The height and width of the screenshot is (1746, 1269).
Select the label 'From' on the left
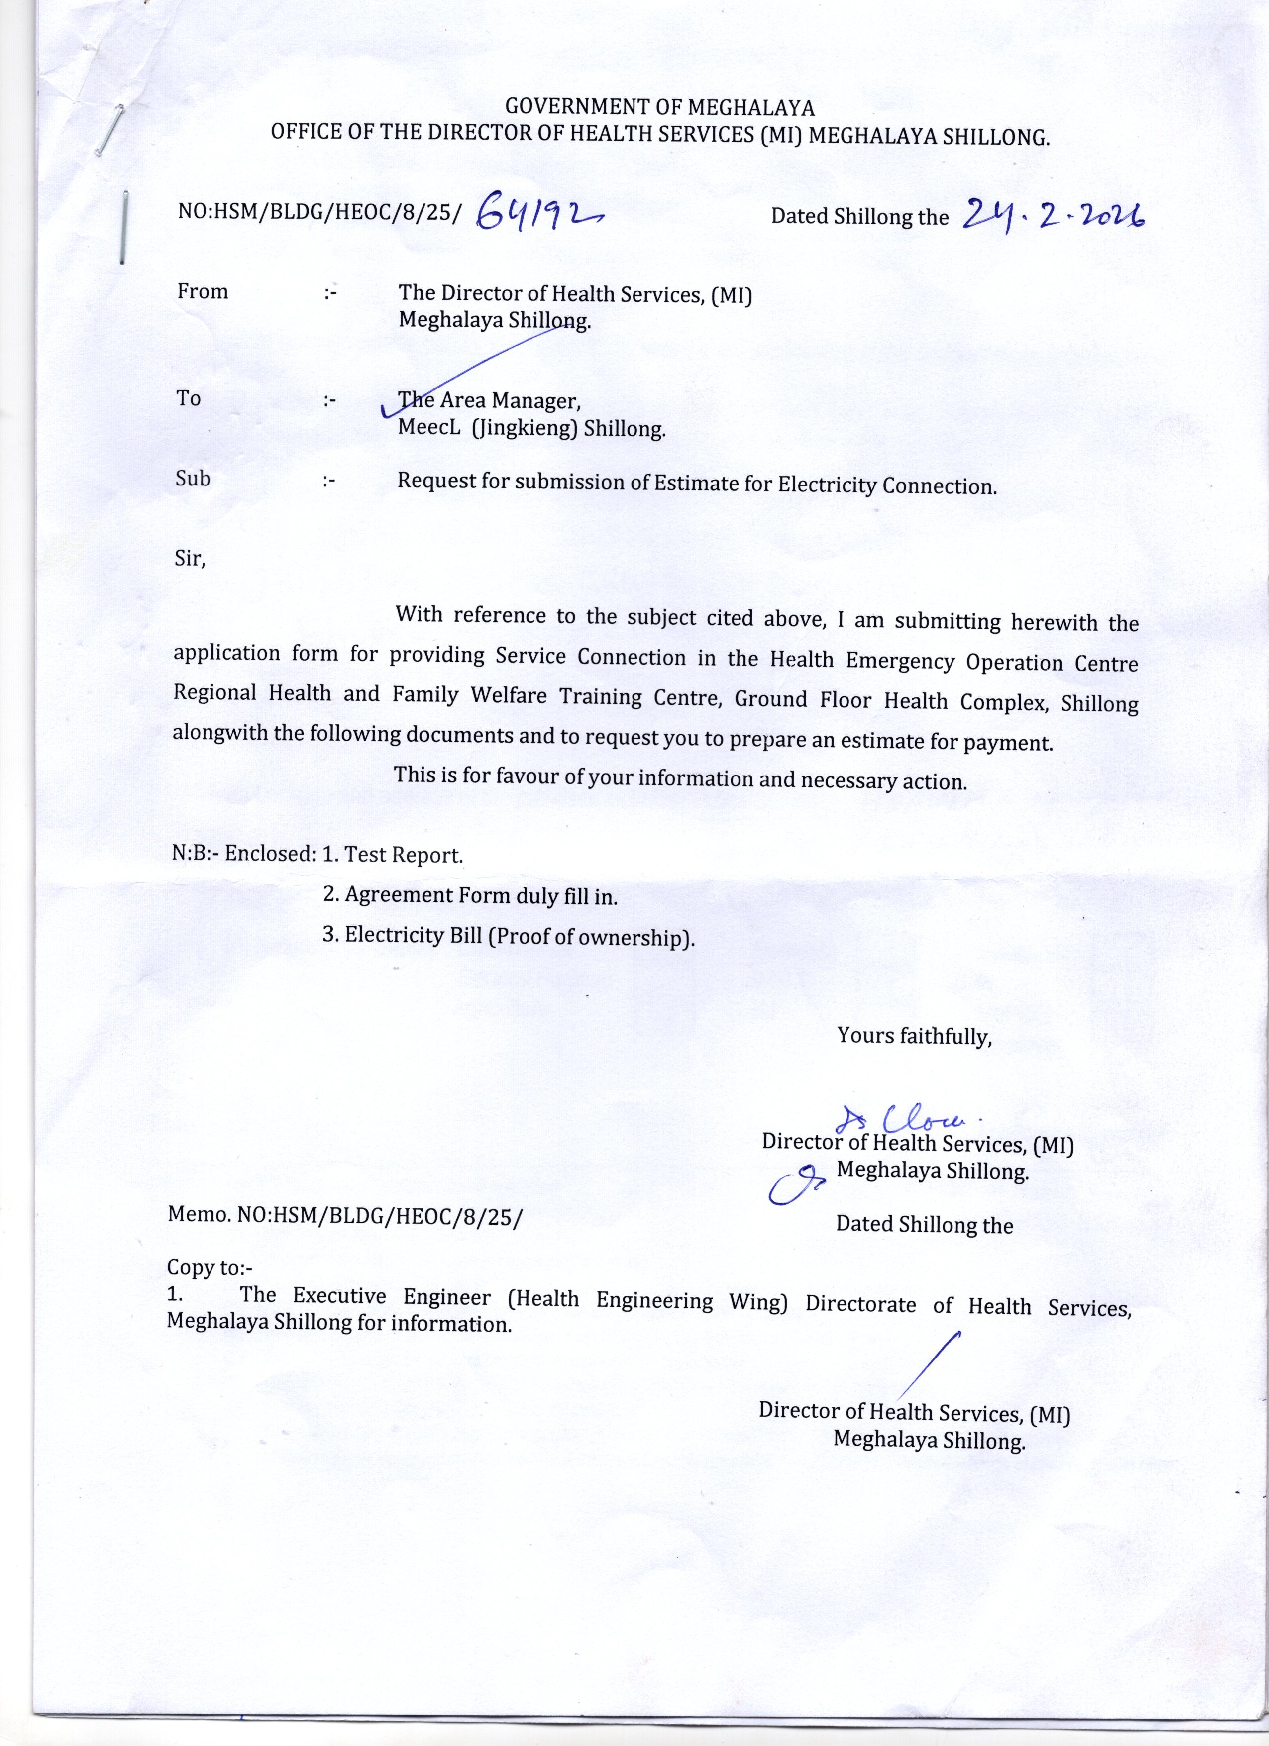click(203, 292)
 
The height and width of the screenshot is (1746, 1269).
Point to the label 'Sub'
click(193, 479)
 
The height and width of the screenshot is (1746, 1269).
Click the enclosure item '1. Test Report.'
click(393, 855)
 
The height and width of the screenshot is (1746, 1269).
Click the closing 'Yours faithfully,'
click(914, 1036)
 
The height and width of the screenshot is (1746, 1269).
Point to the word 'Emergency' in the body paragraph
click(902, 661)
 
